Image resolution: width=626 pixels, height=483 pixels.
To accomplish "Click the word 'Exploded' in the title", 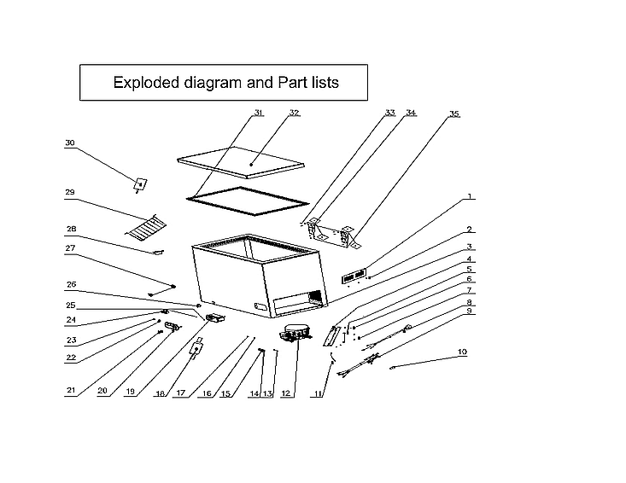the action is coord(147,83).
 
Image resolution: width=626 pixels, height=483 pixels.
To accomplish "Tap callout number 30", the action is coord(70,143).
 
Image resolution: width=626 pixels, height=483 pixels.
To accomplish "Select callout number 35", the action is coord(454,113).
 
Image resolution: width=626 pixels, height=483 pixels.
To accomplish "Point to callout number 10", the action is coord(462,352).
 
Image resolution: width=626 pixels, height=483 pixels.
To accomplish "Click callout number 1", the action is coord(470,196).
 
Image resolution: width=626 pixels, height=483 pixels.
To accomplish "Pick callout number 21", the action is coord(71,390).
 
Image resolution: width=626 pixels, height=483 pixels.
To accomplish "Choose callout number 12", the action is coord(286,393).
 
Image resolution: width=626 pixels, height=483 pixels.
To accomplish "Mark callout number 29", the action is coord(70,192).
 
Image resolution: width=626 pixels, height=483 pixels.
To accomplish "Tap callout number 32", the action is coord(295,113).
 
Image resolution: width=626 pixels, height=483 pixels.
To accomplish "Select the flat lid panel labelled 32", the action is coord(241,162).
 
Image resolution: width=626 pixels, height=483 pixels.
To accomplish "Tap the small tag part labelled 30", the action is coord(140,184).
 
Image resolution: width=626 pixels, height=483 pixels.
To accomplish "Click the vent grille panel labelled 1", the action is coord(354,276).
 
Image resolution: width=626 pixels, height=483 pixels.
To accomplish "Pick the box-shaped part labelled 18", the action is coord(196,348).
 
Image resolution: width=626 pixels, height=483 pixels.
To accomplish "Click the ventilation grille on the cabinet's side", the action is coord(315,298).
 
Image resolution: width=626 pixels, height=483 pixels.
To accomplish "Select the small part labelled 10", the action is coord(393,368).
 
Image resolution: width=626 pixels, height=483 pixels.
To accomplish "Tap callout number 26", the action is coord(72,284).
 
